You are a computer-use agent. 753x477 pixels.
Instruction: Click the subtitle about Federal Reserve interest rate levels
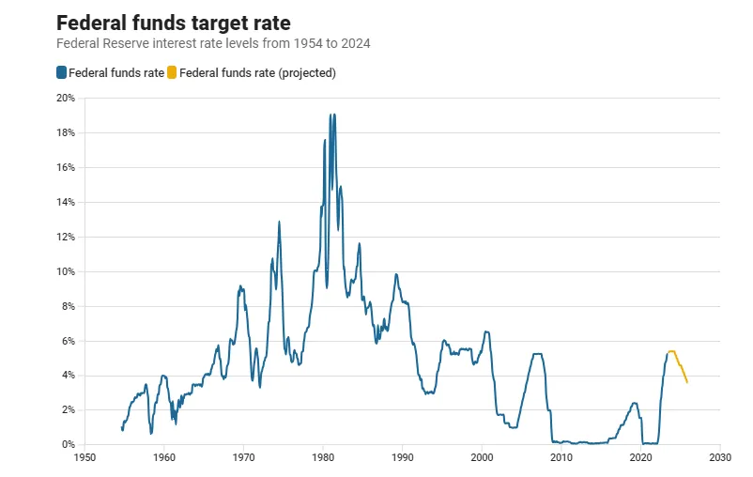coord(221,43)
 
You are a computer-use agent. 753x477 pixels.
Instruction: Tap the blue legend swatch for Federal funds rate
coord(62,72)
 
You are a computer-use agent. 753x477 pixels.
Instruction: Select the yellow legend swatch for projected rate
coord(172,72)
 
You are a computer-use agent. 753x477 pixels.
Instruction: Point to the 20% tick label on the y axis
coord(65,98)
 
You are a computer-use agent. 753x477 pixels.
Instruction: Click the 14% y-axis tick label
coord(65,202)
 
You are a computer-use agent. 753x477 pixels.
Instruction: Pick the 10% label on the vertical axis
coord(65,271)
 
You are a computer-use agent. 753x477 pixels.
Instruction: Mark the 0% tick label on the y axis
coord(68,444)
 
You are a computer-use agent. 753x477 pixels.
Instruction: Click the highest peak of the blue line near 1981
coord(330,115)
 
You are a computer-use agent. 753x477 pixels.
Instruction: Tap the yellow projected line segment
coord(680,365)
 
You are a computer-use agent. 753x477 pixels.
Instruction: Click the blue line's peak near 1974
coord(279,223)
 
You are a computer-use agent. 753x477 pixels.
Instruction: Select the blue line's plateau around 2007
coord(538,354)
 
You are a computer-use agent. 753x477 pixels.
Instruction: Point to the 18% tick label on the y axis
coord(65,132)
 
